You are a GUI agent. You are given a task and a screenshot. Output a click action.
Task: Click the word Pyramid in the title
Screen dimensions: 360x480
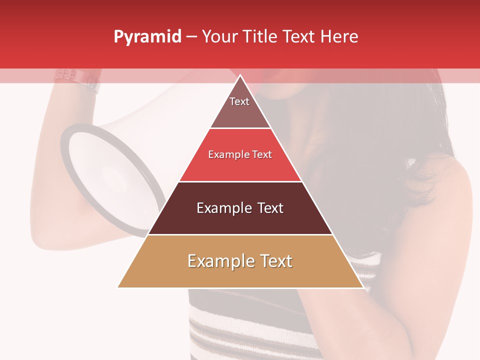coord(147,37)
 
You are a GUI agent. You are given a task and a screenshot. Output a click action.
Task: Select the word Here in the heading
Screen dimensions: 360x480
coord(339,37)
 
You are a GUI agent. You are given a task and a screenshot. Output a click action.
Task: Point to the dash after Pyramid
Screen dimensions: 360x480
coord(191,37)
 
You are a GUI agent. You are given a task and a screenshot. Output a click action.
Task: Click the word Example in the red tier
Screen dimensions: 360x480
coord(226,155)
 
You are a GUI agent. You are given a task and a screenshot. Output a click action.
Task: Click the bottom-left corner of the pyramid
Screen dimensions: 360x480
coord(118,287)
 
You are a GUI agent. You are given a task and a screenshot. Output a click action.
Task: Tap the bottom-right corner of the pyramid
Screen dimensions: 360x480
coord(362,287)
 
